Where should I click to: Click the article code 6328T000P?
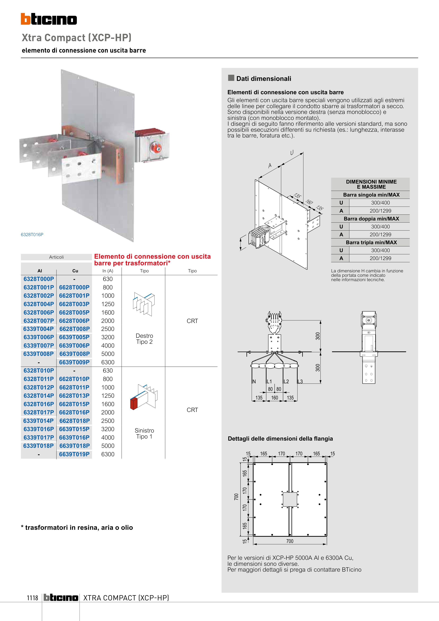[x=39, y=279]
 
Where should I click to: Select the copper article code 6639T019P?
[x=74, y=454]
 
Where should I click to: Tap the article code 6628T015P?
[x=74, y=404]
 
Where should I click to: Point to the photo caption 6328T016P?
[x=32, y=235]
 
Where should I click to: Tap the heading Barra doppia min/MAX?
[x=371, y=219]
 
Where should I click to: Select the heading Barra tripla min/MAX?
[x=371, y=242]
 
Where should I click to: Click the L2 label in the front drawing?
[x=286, y=381]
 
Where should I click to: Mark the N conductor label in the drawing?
[x=254, y=381]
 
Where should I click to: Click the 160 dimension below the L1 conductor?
[x=275, y=398]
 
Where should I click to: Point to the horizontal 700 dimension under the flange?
[x=290, y=541]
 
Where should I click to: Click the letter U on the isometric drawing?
[x=292, y=153]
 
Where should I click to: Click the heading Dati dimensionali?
[x=264, y=79]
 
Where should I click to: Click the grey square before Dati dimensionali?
[x=231, y=78]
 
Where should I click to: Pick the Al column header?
[x=40, y=271]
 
